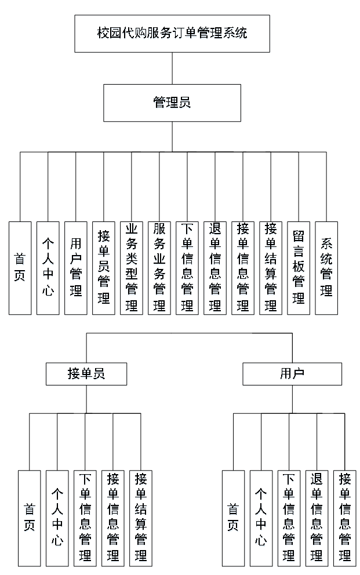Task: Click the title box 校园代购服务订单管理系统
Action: pyautogui.click(x=172, y=33)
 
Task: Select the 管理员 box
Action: pyautogui.click(x=172, y=103)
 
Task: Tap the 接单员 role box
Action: pyautogui.click(x=86, y=374)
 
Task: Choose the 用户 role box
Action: pyautogui.click(x=292, y=374)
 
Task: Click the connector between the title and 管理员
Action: pyautogui.click(x=172, y=68)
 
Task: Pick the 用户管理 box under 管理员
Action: pyautogui.click(x=76, y=268)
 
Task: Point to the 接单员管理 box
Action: pyautogui.click(x=104, y=268)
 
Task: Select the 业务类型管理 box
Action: pyautogui.click(x=132, y=268)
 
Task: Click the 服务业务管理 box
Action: pyautogui.click(x=159, y=268)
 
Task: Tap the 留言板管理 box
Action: pyautogui.click(x=299, y=268)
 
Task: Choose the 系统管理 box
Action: pyautogui.click(x=326, y=268)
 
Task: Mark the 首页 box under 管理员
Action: pyautogui.click(x=20, y=268)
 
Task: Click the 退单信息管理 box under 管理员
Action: pyautogui.click(x=215, y=268)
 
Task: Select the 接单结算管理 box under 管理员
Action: pyautogui.click(x=271, y=268)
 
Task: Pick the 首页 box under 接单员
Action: pyautogui.click(x=30, y=518)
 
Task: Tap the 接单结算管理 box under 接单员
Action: pyautogui.click(x=141, y=518)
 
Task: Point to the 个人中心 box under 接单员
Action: pyautogui.click(x=57, y=518)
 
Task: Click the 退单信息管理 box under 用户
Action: pyautogui.click(x=317, y=518)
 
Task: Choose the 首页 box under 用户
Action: pyautogui.click(x=234, y=518)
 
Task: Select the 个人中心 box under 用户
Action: pyautogui.click(x=261, y=518)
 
